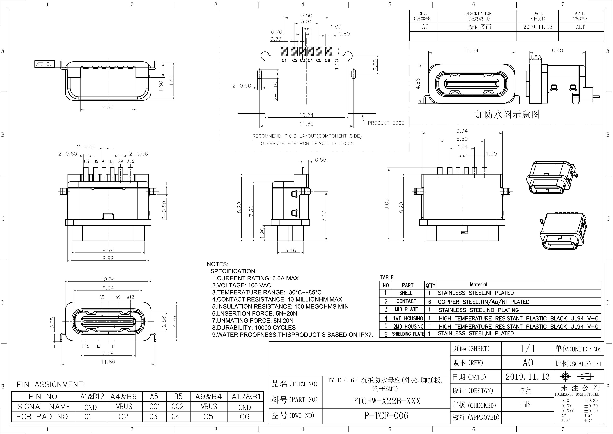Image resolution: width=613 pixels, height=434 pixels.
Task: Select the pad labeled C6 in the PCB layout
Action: (329, 51)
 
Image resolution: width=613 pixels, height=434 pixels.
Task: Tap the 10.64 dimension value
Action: (471, 50)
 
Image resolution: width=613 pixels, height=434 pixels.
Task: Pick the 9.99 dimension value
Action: (108, 258)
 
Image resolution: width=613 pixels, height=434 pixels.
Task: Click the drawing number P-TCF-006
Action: (386, 415)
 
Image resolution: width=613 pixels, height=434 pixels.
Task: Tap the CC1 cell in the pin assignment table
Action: (154, 407)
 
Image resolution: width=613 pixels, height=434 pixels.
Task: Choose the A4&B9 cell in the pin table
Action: (123, 397)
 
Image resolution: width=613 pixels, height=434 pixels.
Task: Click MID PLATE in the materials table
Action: (406, 309)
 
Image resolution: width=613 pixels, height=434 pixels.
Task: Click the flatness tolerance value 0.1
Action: (50, 64)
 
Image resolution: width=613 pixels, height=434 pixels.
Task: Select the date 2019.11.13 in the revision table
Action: (538, 27)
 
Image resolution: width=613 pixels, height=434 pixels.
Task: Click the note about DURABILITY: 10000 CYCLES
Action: (254, 328)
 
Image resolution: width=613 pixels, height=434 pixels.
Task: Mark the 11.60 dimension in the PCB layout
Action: (306, 124)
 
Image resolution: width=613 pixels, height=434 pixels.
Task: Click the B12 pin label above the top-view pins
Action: (86, 161)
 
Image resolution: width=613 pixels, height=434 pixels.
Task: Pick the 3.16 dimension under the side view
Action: (290, 250)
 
